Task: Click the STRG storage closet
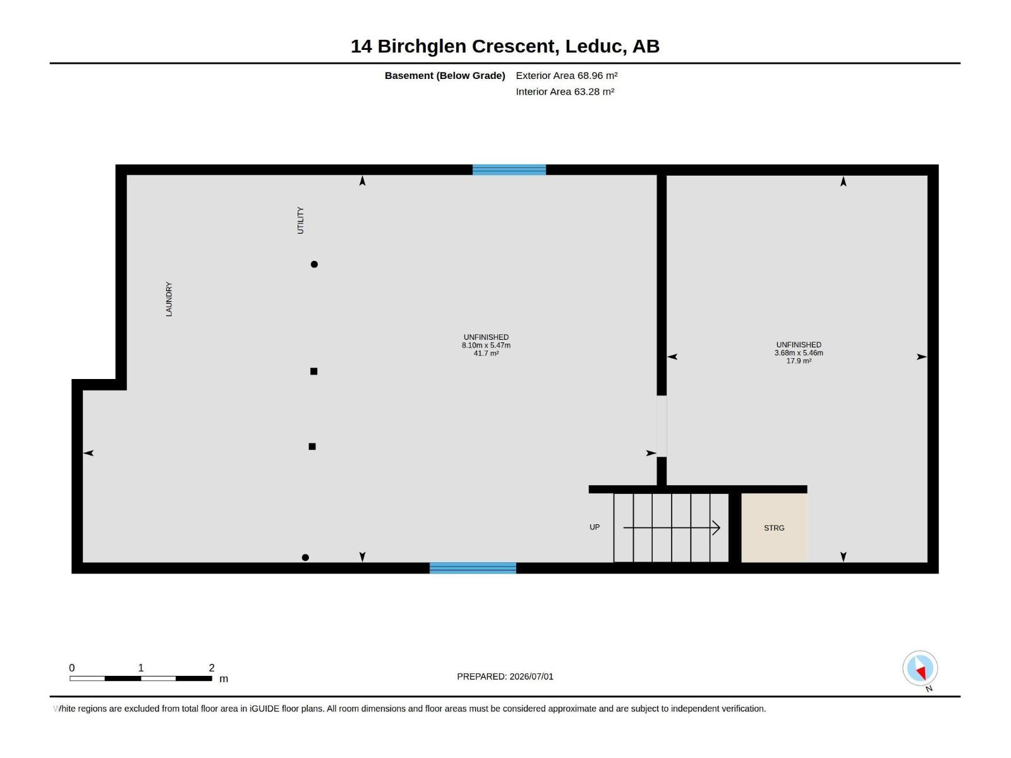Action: click(773, 527)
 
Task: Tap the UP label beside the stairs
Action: click(594, 527)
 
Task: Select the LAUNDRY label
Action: click(169, 299)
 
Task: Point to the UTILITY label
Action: click(300, 220)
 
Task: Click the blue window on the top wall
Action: click(509, 170)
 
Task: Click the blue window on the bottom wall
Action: click(473, 568)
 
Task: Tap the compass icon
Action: click(919, 668)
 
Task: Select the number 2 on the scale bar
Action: click(212, 667)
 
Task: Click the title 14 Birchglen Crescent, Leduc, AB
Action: click(505, 46)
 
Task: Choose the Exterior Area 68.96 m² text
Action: click(567, 75)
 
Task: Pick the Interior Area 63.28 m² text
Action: click(565, 92)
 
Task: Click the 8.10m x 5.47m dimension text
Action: click(486, 345)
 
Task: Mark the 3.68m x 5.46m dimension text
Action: click(798, 353)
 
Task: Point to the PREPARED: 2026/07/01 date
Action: click(505, 677)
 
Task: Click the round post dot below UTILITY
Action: click(314, 264)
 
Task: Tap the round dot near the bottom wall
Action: click(305, 557)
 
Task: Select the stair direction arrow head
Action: click(716, 528)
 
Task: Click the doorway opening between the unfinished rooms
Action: click(662, 426)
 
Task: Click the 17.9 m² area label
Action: click(798, 361)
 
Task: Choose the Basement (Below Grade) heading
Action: click(445, 75)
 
